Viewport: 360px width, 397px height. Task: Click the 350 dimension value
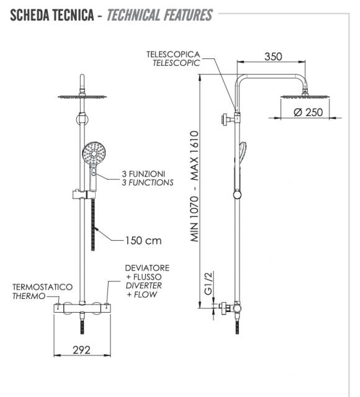273,56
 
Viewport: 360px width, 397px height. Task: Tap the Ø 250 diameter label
308,112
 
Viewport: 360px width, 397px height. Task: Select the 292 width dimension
81,350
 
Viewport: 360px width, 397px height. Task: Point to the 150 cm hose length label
143,241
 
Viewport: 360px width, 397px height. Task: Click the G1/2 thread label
209,283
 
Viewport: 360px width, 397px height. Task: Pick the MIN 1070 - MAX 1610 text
194,186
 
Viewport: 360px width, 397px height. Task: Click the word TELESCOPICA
173,54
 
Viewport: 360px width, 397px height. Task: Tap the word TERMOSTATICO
43,287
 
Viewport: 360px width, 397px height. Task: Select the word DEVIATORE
147,268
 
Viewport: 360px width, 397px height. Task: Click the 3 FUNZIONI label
143,174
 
